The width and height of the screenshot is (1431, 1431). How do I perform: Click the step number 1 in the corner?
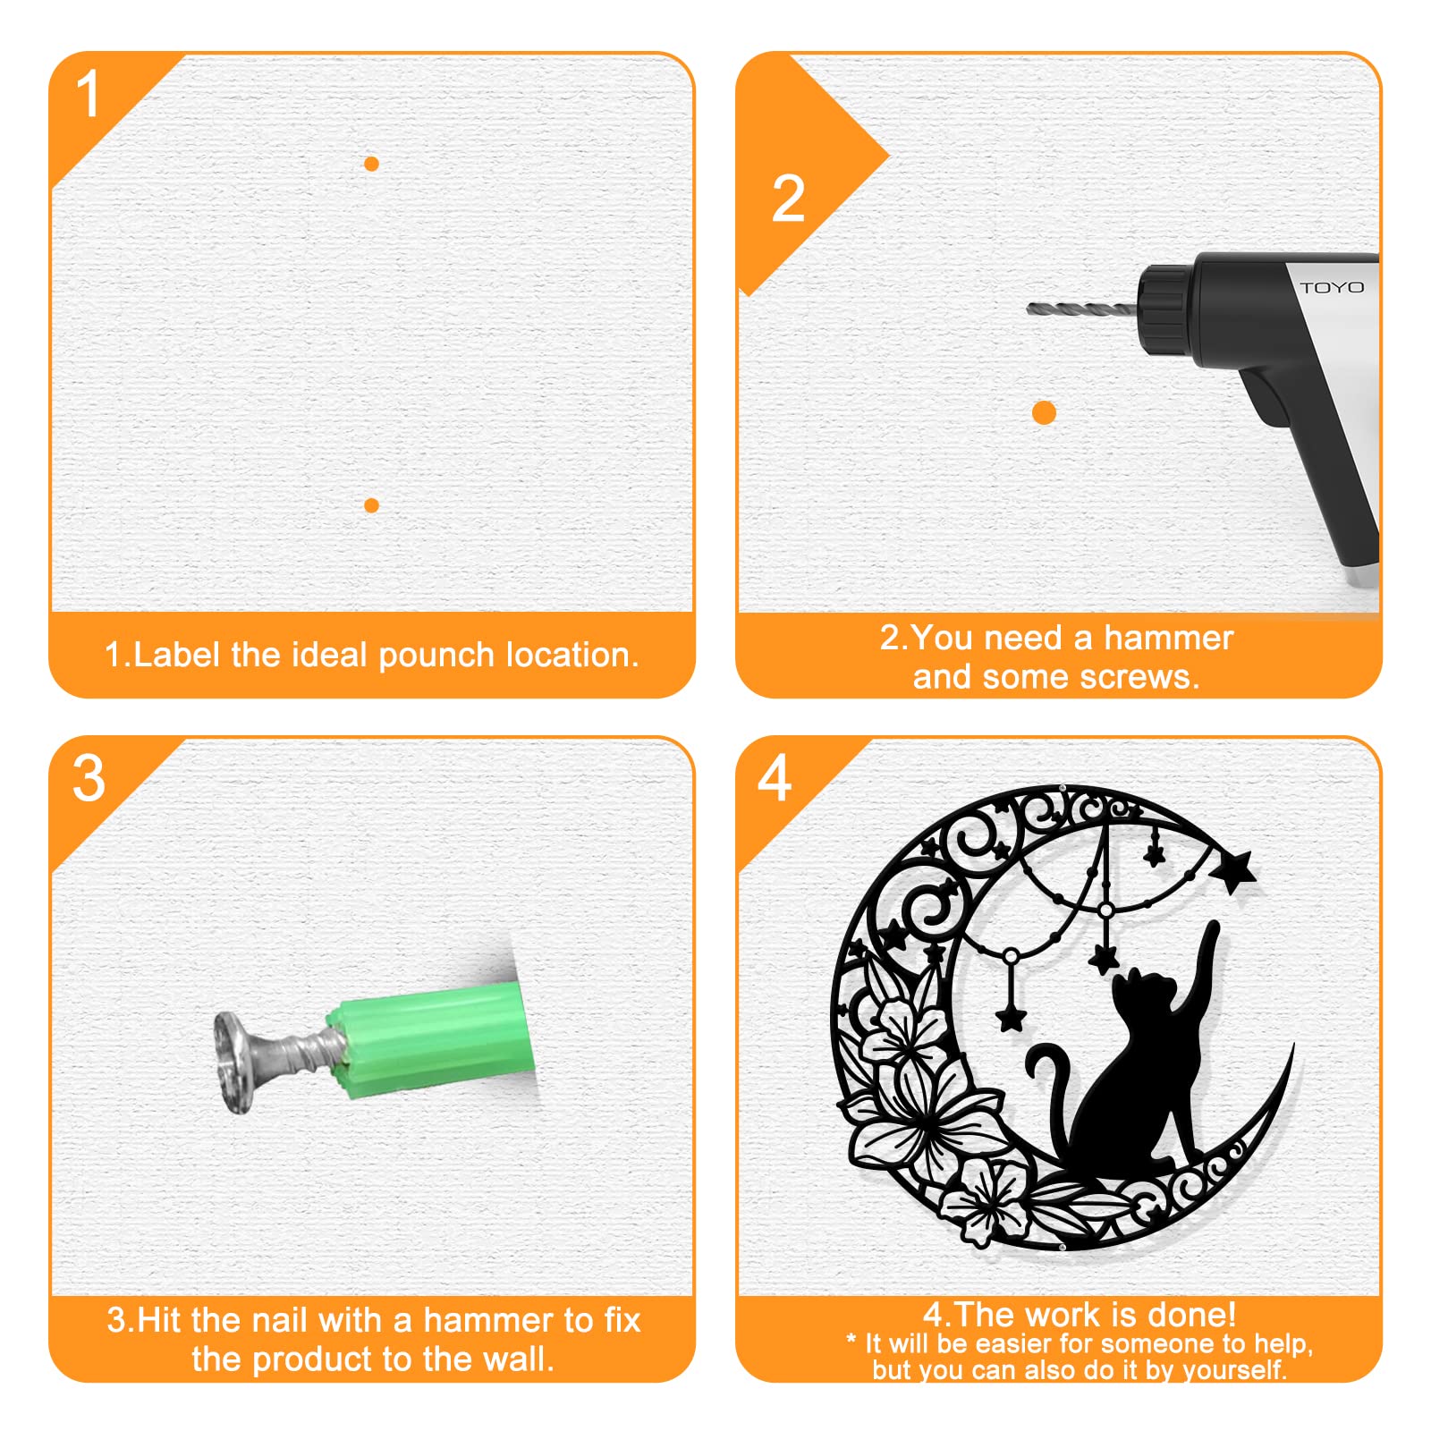(x=88, y=94)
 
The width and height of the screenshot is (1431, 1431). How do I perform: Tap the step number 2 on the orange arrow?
(x=788, y=199)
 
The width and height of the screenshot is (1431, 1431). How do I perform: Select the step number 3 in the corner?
(x=89, y=778)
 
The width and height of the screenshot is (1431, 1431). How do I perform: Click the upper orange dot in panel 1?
(x=371, y=164)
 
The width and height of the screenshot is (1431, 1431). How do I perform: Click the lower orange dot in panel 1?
(x=371, y=505)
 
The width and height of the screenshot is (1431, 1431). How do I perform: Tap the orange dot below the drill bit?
(x=1044, y=412)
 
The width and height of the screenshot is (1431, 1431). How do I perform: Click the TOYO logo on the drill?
(x=1332, y=287)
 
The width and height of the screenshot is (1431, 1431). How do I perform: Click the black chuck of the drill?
(x=1168, y=307)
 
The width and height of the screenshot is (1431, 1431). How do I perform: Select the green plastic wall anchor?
(x=433, y=1037)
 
